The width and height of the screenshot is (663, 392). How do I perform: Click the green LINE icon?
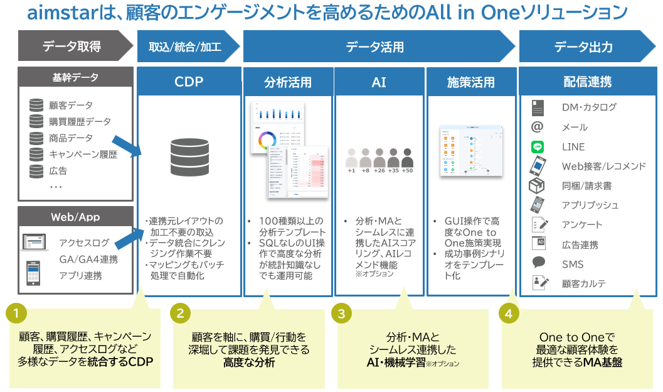click(x=537, y=147)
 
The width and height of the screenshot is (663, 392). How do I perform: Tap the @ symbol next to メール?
click(x=537, y=127)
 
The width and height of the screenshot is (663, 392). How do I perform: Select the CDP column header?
click(x=189, y=82)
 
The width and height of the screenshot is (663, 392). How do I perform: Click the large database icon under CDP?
click(x=189, y=157)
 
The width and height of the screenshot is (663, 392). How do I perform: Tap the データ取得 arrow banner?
click(x=72, y=46)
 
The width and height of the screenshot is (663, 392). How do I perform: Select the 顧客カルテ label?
click(x=584, y=284)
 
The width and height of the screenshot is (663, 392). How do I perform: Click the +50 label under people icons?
click(x=407, y=170)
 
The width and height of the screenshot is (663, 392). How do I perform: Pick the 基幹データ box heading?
click(x=75, y=78)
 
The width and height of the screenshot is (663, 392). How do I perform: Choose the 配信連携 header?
click(x=587, y=82)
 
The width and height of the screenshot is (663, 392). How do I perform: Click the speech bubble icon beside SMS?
click(x=538, y=263)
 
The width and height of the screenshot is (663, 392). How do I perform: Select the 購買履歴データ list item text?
click(x=80, y=122)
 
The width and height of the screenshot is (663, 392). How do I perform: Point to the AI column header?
click(x=379, y=82)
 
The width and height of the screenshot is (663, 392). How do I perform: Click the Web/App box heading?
click(x=75, y=217)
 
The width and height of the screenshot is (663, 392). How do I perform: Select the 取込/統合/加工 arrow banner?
click(x=185, y=46)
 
